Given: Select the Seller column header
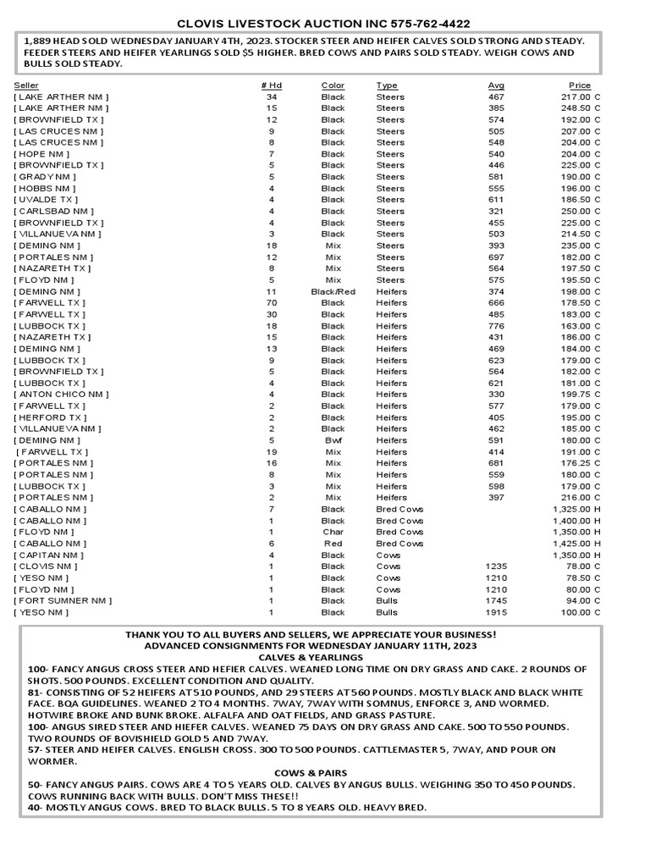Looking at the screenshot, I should (26, 86).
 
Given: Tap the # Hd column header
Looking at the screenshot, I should (271, 86).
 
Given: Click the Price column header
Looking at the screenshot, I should (580, 86).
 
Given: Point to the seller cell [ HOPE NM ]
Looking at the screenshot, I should (41, 154).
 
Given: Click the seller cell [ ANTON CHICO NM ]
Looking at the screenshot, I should (61, 395).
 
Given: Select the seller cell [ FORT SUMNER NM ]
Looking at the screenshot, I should (63, 600).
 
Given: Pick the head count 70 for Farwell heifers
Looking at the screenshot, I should (272, 303).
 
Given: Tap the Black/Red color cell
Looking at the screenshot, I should (333, 291).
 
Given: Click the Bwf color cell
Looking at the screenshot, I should (333, 440).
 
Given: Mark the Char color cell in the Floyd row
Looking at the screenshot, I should (333, 532).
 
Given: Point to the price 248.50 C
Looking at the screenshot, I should (576, 108).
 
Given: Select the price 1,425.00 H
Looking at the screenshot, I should (576, 544).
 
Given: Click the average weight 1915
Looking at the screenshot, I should (496, 612).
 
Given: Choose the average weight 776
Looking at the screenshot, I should (496, 326).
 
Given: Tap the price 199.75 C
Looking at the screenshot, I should (576, 395).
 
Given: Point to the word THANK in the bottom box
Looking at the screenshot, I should (143, 634).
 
